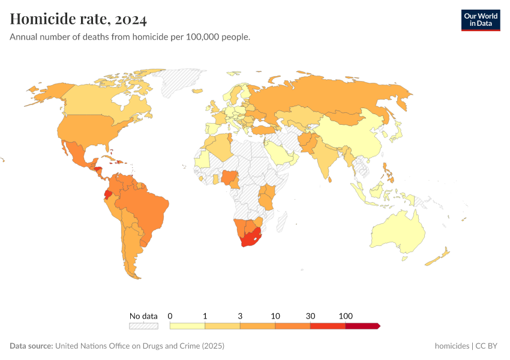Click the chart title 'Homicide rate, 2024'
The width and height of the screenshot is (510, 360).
79,20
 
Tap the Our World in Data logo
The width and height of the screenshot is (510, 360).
480,20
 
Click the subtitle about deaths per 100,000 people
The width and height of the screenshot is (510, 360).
130,37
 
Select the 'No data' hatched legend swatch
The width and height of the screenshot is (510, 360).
143,326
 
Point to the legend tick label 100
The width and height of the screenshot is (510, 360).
346,316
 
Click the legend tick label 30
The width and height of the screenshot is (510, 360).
310,316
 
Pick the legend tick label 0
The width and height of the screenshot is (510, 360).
170,316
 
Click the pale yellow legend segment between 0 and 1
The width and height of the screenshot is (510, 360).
188,326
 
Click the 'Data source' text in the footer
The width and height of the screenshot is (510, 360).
31,346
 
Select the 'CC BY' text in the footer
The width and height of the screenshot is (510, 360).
488,346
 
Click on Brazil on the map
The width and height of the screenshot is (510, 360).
147,207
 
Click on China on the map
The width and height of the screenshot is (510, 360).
354,135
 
